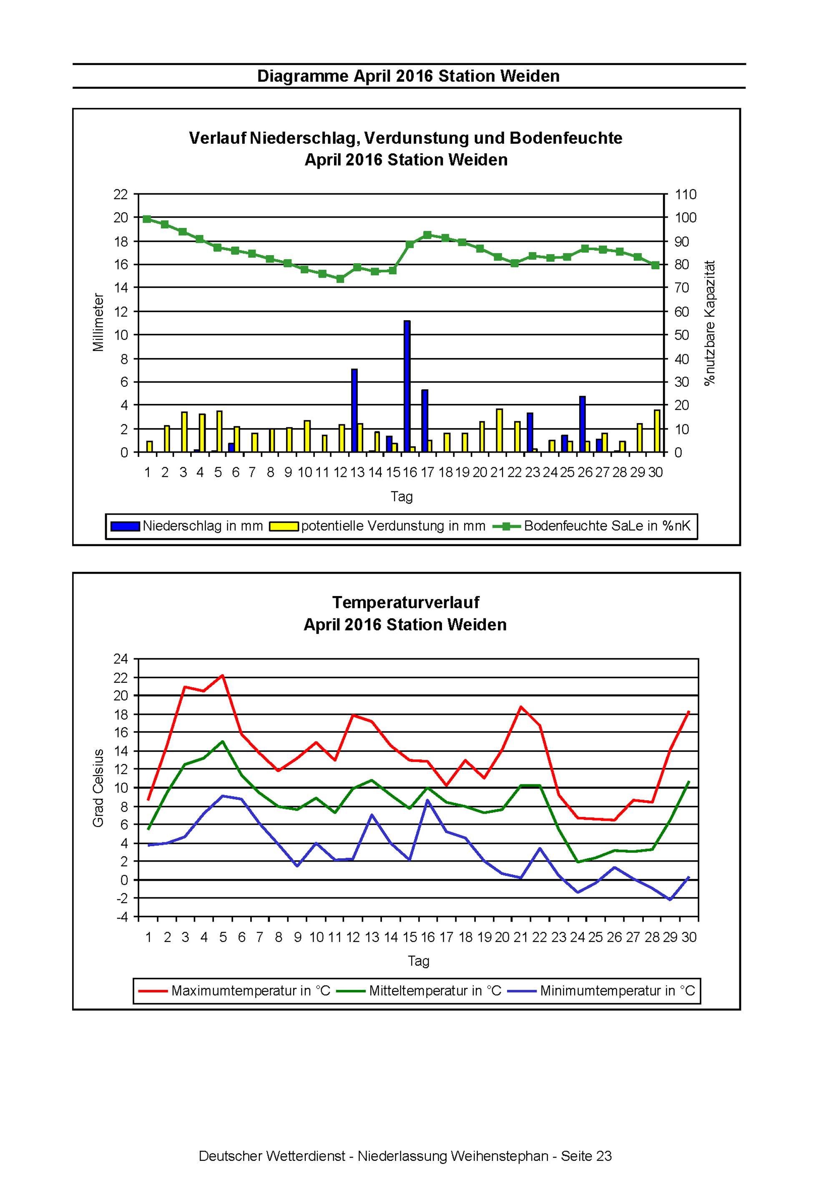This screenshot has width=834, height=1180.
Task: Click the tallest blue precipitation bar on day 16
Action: pyautogui.click(x=407, y=386)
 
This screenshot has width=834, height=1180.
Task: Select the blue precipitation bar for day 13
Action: pyautogui.click(x=354, y=411)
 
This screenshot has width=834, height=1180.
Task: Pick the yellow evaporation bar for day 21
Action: pyautogui.click(x=499, y=431)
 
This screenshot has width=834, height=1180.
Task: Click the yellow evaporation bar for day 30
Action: pyautogui.click(x=657, y=431)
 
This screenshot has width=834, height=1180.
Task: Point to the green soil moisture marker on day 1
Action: pyautogui.click(x=147, y=219)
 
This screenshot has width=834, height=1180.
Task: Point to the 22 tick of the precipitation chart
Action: pyautogui.click(x=121, y=194)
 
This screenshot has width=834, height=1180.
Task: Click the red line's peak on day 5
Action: pyautogui.click(x=223, y=675)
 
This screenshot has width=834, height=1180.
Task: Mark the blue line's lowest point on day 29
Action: pyautogui.click(x=670, y=900)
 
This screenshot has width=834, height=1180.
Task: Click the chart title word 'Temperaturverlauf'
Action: pyautogui.click(x=406, y=602)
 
